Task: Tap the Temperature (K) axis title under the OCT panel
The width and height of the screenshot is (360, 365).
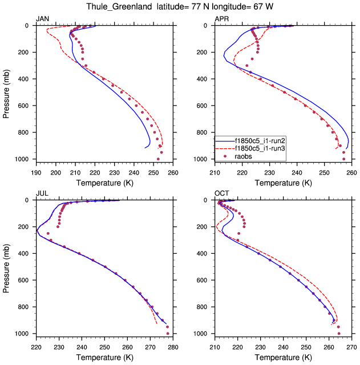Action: tap(283, 357)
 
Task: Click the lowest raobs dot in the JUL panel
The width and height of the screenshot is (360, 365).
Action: tap(168, 333)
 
